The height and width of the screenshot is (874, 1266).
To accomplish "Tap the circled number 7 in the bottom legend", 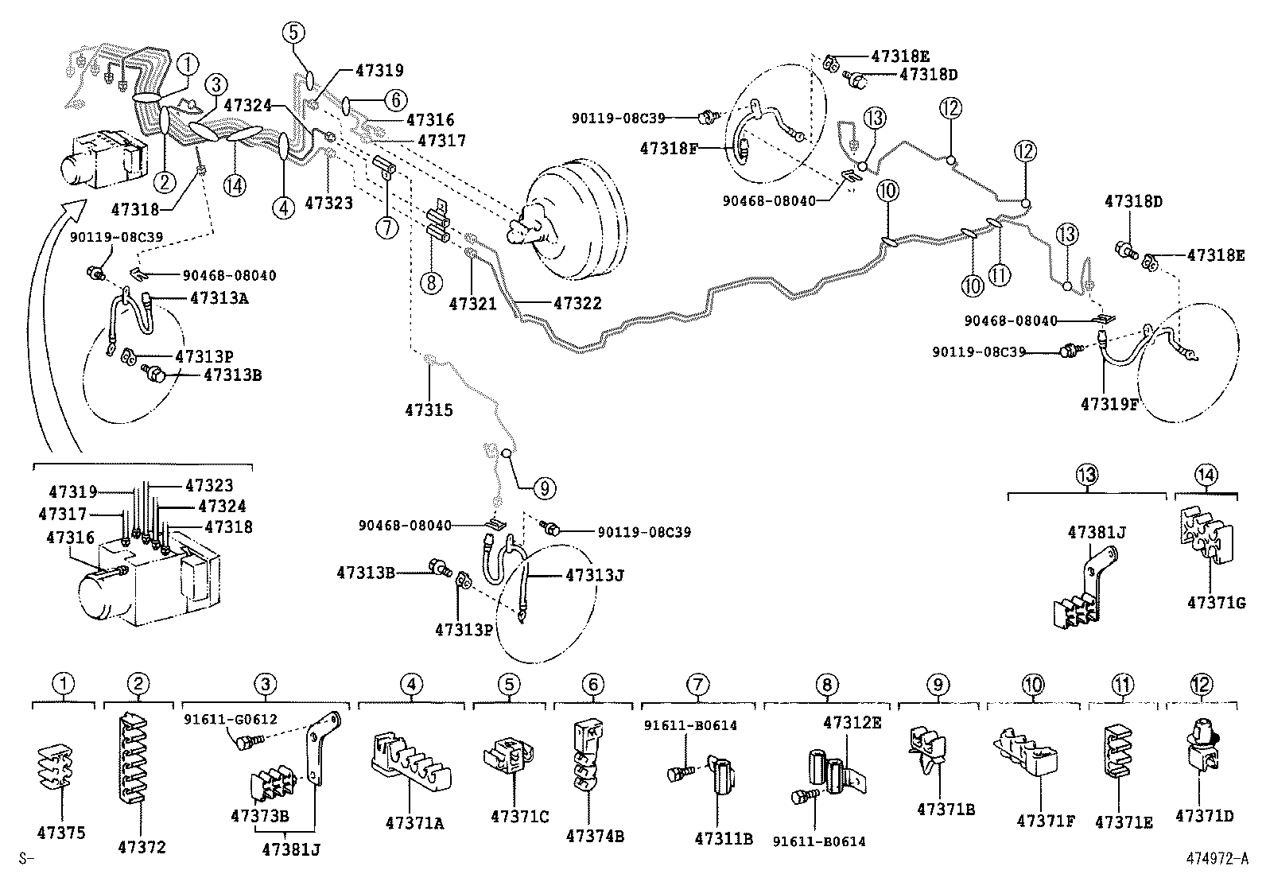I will coord(697,684).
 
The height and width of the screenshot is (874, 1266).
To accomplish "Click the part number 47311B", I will coord(723,837).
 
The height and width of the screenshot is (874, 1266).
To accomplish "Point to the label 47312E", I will coord(852,723).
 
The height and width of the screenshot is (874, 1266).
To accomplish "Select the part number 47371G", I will coord(1216,603).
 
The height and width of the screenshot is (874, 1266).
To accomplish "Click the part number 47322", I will coord(577,303).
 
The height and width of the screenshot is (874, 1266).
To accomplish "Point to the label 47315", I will coord(429,410).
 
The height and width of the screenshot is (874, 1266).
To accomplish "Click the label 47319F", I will coord(1109,403).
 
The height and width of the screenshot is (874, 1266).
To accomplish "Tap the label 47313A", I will coord(220,297).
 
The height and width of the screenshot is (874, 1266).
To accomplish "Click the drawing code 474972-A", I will coord(1214,858).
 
